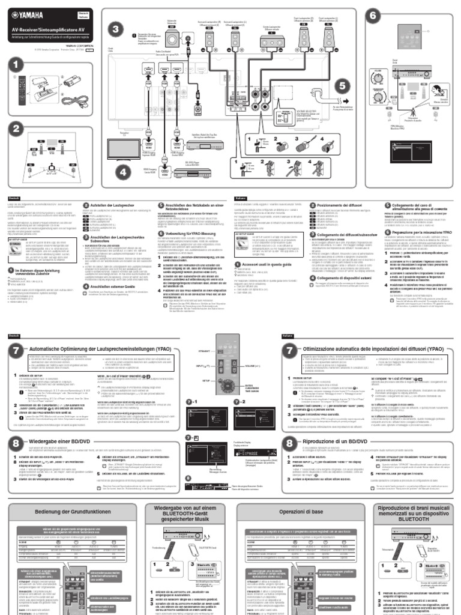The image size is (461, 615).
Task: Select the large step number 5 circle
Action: click(x=344, y=86)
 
